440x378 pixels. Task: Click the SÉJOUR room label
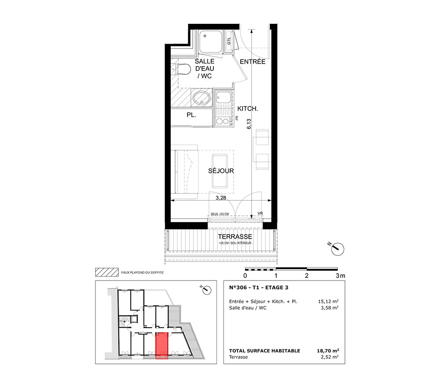(221, 171)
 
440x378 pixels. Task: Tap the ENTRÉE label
(252, 62)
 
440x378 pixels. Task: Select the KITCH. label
(248, 109)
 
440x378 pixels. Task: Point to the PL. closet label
(191, 115)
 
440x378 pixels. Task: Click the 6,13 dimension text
(249, 124)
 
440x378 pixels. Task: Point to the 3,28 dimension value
(221, 198)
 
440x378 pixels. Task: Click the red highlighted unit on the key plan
(162, 345)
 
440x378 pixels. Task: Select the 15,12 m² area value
(328, 302)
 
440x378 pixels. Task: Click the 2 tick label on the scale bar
(306, 276)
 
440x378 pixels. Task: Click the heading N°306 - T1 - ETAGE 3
(259, 288)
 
